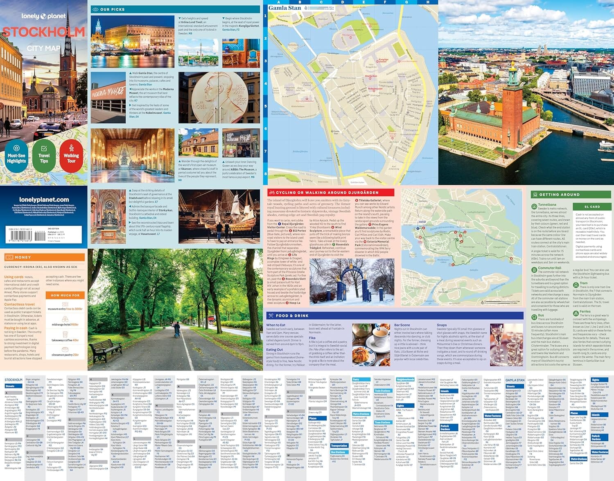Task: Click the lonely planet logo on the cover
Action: click(x=43, y=16)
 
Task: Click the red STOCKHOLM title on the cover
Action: click(x=44, y=32)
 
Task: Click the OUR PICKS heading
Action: click(x=112, y=9)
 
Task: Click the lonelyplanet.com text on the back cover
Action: click(x=44, y=200)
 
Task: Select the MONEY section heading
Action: click(x=23, y=257)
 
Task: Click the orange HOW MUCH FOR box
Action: click(x=65, y=295)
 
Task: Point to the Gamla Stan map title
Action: click(x=284, y=8)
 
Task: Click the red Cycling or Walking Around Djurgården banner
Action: click(x=330, y=192)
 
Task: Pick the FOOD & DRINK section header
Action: click(x=292, y=316)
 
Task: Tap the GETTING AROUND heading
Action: click(x=554, y=195)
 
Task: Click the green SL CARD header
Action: click(x=592, y=207)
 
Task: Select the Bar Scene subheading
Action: click(x=402, y=325)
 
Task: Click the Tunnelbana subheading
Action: click(x=547, y=205)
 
